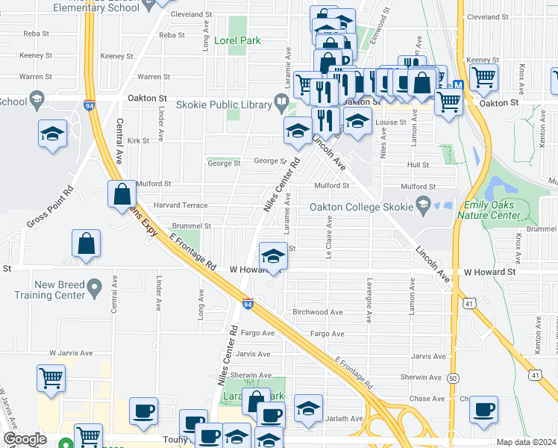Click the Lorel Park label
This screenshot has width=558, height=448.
[237, 40]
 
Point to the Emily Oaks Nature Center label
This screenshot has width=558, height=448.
[502, 210]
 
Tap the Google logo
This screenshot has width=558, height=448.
[24, 439]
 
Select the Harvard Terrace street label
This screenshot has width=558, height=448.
[181, 205]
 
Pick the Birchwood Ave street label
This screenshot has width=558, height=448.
[317, 312]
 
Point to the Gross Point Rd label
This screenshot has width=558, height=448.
[49, 203]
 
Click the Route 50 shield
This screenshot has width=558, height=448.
[454, 379]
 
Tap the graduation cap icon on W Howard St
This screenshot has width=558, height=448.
[274, 256]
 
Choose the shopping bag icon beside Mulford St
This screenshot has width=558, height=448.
[122, 195]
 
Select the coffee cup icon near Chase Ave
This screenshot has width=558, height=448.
[484, 409]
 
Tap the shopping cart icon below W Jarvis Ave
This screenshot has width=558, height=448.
[51, 378]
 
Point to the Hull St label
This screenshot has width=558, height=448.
[418, 165]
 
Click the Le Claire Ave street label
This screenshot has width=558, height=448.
[327, 237]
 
